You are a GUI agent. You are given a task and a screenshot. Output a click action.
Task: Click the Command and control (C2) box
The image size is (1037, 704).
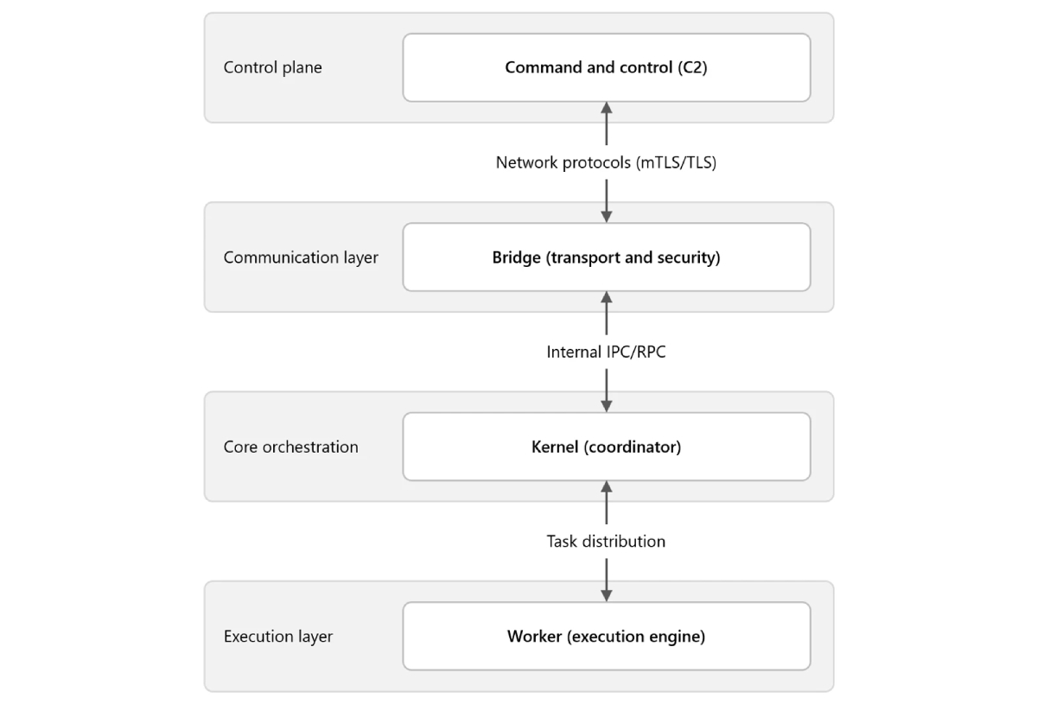[x=607, y=67]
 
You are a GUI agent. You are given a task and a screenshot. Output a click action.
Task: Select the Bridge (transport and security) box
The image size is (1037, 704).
[x=607, y=257]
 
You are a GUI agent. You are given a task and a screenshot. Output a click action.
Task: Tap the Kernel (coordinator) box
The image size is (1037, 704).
[x=607, y=447]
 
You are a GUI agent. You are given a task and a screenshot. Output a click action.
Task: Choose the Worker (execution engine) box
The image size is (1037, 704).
[x=607, y=636]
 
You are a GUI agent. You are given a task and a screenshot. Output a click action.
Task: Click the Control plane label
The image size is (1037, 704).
[x=273, y=67]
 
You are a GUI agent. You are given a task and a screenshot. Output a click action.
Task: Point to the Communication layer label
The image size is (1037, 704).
[x=301, y=257]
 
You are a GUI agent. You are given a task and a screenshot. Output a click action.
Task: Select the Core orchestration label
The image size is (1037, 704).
[x=290, y=447]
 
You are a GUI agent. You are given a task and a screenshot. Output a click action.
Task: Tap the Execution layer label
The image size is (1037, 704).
[x=278, y=637]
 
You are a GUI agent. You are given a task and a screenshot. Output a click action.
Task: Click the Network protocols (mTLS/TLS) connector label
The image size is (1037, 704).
[x=606, y=162]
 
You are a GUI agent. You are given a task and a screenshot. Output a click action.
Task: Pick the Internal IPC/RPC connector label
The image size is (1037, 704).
[x=606, y=352]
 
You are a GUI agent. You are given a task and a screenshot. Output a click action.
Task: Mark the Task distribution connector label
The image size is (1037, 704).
[x=606, y=541]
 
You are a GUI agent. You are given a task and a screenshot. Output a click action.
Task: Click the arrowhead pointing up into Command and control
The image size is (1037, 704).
[x=607, y=108]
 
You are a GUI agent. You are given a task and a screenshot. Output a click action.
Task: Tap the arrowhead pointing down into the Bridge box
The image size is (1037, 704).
[x=607, y=217]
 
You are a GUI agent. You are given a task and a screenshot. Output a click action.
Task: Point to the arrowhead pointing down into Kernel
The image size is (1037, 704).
[x=607, y=406]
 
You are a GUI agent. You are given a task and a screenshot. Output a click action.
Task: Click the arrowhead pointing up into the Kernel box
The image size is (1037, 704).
[x=607, y=487]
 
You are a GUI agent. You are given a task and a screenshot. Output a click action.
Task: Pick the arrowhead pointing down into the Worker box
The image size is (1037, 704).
[x=607, y=596]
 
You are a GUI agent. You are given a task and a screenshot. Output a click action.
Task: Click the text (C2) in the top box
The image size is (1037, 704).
[x=692, y=67]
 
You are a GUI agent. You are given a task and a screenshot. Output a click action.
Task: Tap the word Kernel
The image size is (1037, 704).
[x=555, y=447]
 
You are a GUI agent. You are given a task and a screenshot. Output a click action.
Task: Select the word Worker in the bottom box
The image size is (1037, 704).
[x=535, y=636]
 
